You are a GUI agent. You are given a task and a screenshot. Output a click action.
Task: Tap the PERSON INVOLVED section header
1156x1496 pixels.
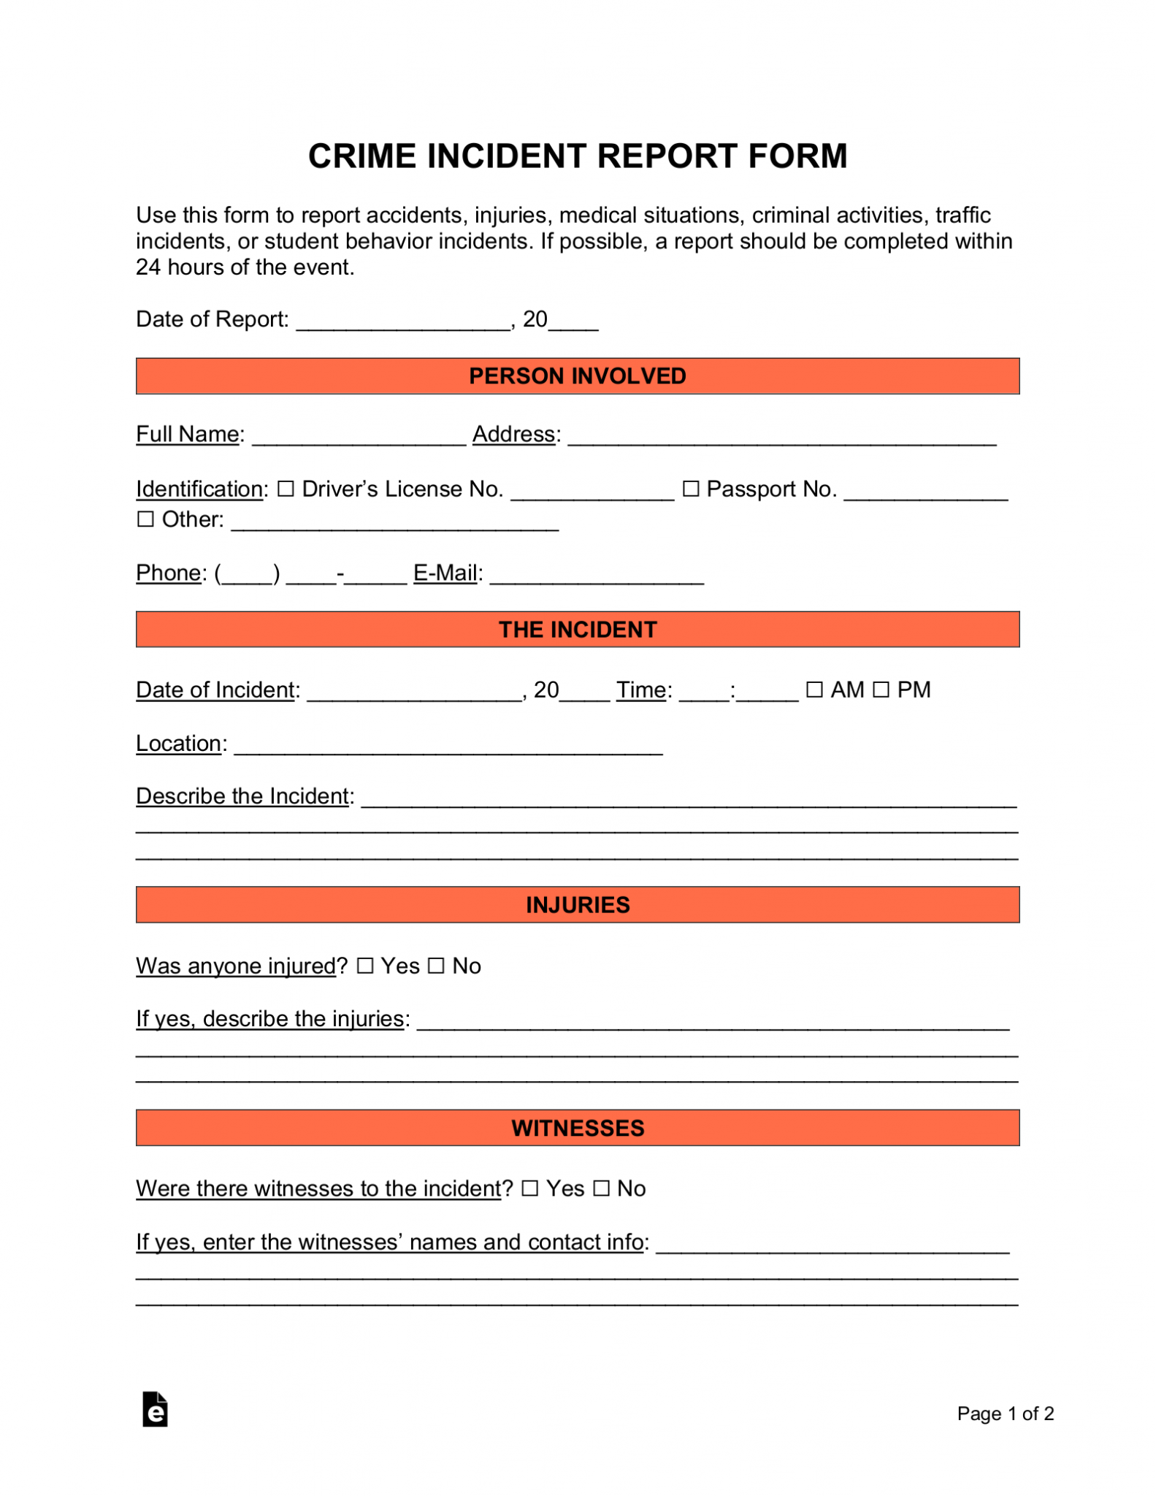point(577,376)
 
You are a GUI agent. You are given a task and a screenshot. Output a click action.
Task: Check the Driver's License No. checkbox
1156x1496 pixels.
point(286,489)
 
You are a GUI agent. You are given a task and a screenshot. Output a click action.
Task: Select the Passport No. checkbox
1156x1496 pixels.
point(690,489)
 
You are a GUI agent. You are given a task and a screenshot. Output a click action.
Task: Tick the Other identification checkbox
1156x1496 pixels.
point(146,519)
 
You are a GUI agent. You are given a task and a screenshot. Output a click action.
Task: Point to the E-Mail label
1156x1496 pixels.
point(445,573)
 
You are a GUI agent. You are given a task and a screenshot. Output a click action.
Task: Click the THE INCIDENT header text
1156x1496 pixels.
point(577,630)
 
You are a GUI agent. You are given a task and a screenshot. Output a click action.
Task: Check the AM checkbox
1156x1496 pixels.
point(814,690)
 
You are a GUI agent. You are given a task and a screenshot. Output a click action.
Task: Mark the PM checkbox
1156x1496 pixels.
point(881,690)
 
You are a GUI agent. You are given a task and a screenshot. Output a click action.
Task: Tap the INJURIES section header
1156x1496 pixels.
point(577,905)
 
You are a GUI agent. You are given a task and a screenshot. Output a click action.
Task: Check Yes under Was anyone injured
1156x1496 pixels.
point(365,966)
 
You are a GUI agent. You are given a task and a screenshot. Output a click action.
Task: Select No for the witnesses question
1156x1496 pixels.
point(601,1188)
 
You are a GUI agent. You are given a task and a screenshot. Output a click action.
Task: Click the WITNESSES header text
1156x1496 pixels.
point(577,1128)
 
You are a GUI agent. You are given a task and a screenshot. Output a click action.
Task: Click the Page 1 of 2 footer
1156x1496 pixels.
point(1005,1413)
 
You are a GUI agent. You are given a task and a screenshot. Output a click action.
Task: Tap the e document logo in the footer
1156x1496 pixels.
point(155,1410)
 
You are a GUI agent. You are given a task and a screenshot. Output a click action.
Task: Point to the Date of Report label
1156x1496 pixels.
point(212,319)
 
